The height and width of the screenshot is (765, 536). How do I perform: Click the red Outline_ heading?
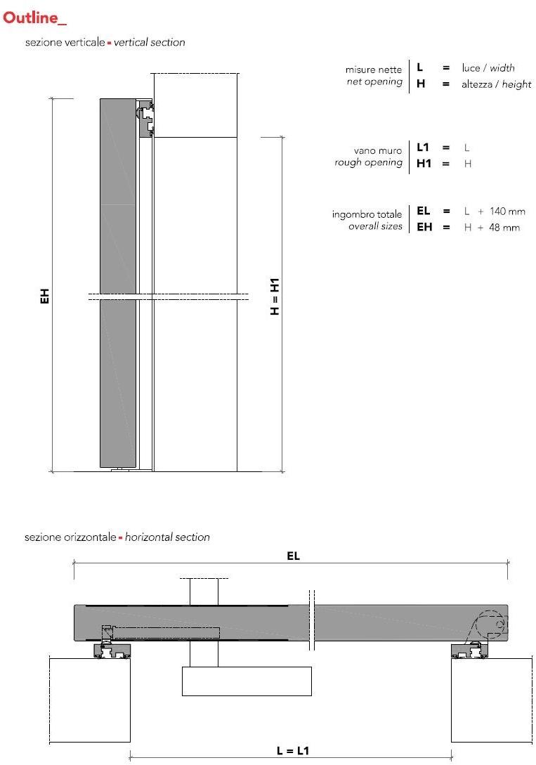(35, 18)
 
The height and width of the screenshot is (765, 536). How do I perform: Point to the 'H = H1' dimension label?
(275, 296)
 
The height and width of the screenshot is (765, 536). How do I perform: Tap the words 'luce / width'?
(488, 68)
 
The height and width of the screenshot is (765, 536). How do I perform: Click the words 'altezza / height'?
(496, 84)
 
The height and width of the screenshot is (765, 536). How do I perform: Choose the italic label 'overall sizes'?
(375, 227)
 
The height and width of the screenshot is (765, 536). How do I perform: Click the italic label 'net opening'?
(374, 82)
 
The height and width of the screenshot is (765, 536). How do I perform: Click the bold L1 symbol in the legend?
(422, 148)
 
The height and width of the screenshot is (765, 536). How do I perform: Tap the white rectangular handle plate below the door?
(246, 681)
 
